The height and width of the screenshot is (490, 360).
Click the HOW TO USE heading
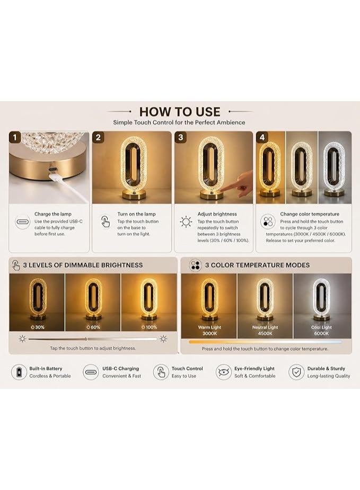tap(180, 112)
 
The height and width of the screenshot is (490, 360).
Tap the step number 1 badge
tap(15, 137)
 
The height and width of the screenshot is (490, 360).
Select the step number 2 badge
tap(98, 137)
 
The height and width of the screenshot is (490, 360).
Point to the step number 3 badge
tap(180, 137)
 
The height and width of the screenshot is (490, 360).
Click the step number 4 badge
tap(262, 137)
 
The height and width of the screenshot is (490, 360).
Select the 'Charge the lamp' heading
tap(53, 214)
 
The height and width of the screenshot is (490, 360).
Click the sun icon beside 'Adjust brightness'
tap(186, 222)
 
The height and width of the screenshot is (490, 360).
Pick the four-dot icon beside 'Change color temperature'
tap(268, 221)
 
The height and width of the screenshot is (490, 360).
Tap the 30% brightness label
tap(38, 327)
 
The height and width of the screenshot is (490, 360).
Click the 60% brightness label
tap(93, 327)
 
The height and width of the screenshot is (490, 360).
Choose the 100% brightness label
tap(149, 327)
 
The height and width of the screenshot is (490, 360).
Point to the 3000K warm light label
tap(209, 333)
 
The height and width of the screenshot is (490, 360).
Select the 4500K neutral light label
tap(265, 333)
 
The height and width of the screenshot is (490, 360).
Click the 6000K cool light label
tap(321, 333)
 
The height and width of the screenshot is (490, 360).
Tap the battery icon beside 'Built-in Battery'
tap(19, 372)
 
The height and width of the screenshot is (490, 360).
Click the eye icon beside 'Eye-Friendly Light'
tap(224, 372)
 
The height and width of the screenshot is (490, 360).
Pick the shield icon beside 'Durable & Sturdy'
tap(296, 372)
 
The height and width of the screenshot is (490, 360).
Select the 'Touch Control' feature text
tap(187, 369)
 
